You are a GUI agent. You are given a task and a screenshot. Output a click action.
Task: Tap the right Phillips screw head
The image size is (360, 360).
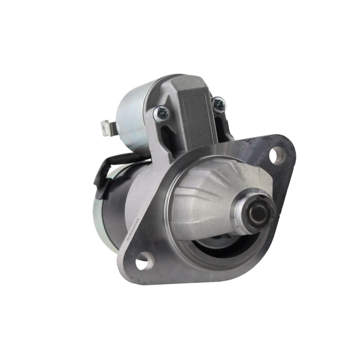(219, 105)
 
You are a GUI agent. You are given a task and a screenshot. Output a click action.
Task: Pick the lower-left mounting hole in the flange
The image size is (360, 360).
(144, 261)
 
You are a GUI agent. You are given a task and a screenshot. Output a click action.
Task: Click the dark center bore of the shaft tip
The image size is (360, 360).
(258, 213)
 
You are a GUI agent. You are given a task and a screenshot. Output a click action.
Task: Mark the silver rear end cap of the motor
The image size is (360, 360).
(96, 216)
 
